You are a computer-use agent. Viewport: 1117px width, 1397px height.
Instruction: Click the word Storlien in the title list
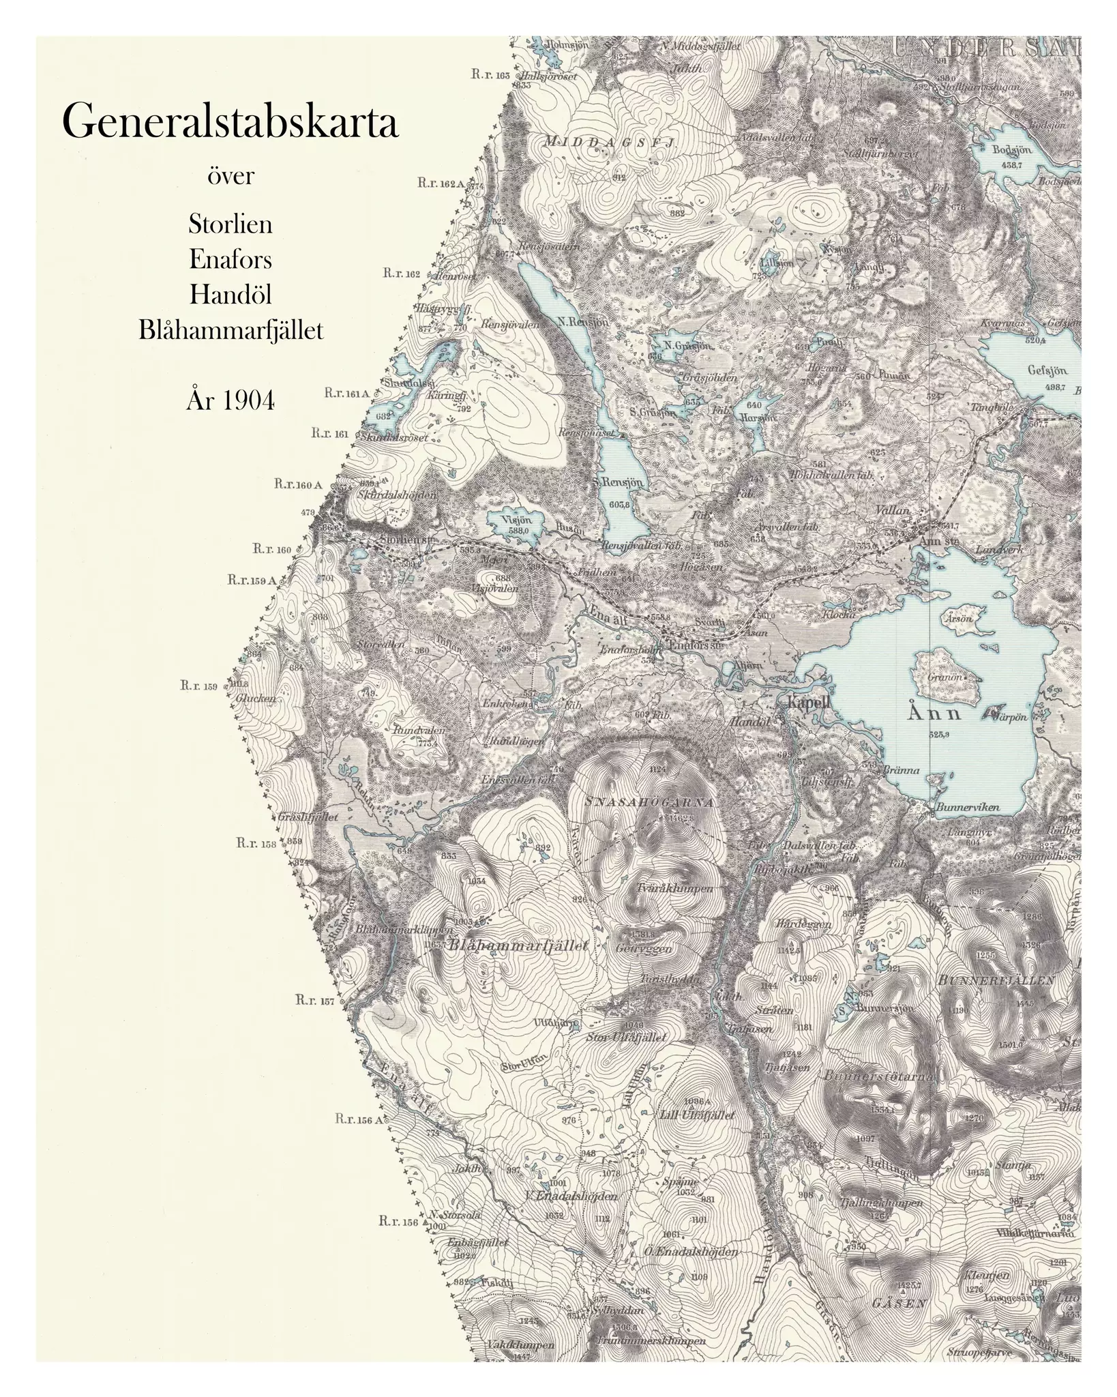pyautogui.click(x=230, y=224)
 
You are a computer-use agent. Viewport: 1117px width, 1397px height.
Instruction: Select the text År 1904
pyautogui.click(x=230, y=401)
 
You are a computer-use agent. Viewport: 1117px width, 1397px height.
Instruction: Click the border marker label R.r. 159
pyautogui.click(x=198, y=686)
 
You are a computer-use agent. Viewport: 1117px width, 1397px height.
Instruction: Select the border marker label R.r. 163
pyautogui.click(x=490, y=75)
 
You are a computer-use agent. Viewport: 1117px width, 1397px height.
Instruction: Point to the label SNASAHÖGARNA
pyautogui.click(x=650, y=802)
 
